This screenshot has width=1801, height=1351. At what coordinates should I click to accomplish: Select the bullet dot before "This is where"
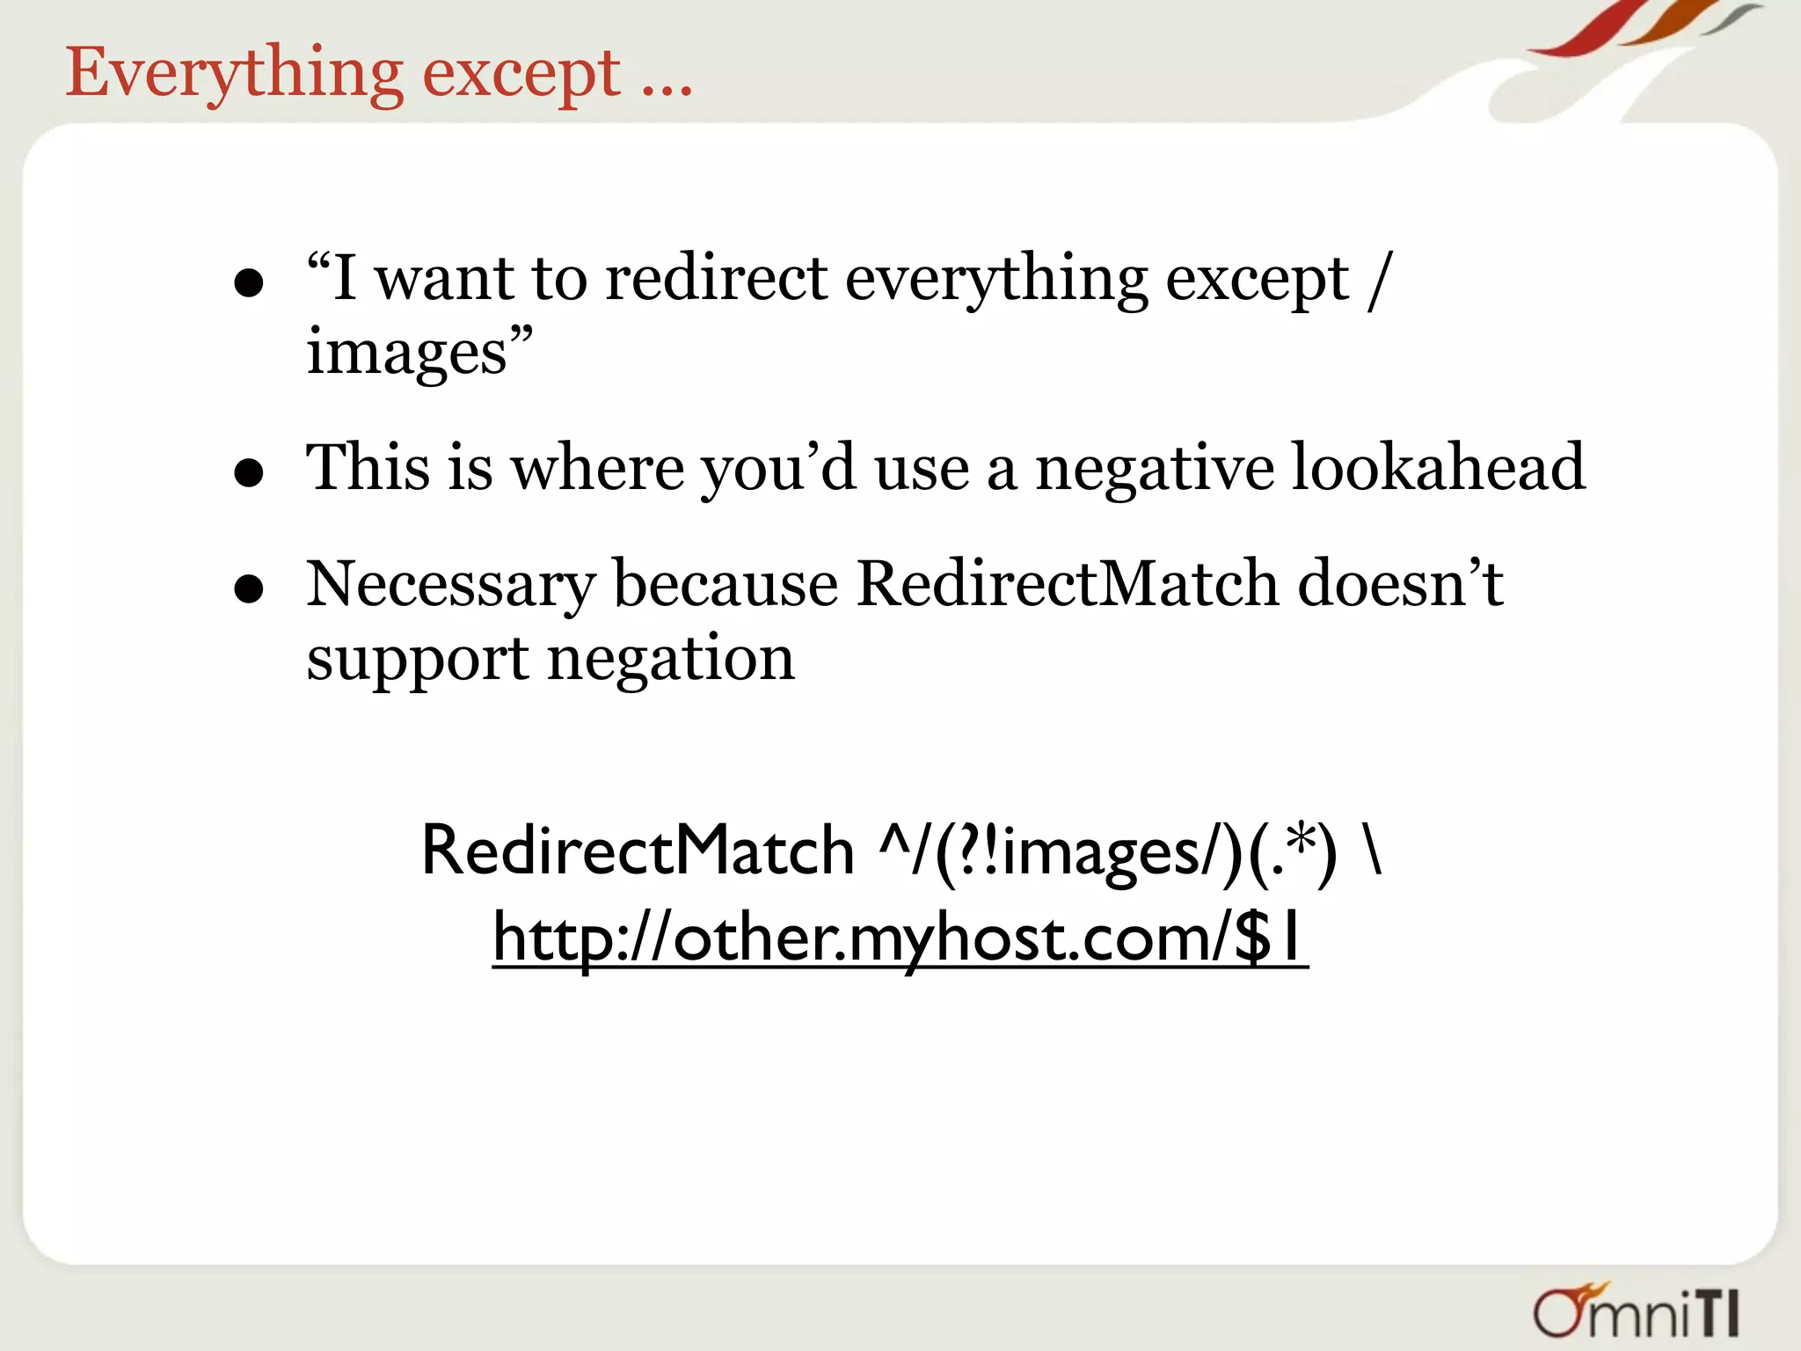point(250,472)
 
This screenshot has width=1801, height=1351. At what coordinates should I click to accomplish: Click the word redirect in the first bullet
point(717,280)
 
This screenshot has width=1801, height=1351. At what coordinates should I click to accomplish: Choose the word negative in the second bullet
point(1154,468)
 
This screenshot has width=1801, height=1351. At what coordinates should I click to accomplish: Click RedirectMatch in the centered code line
point(638,851)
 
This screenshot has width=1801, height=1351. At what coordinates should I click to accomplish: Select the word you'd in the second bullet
point(777,468)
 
